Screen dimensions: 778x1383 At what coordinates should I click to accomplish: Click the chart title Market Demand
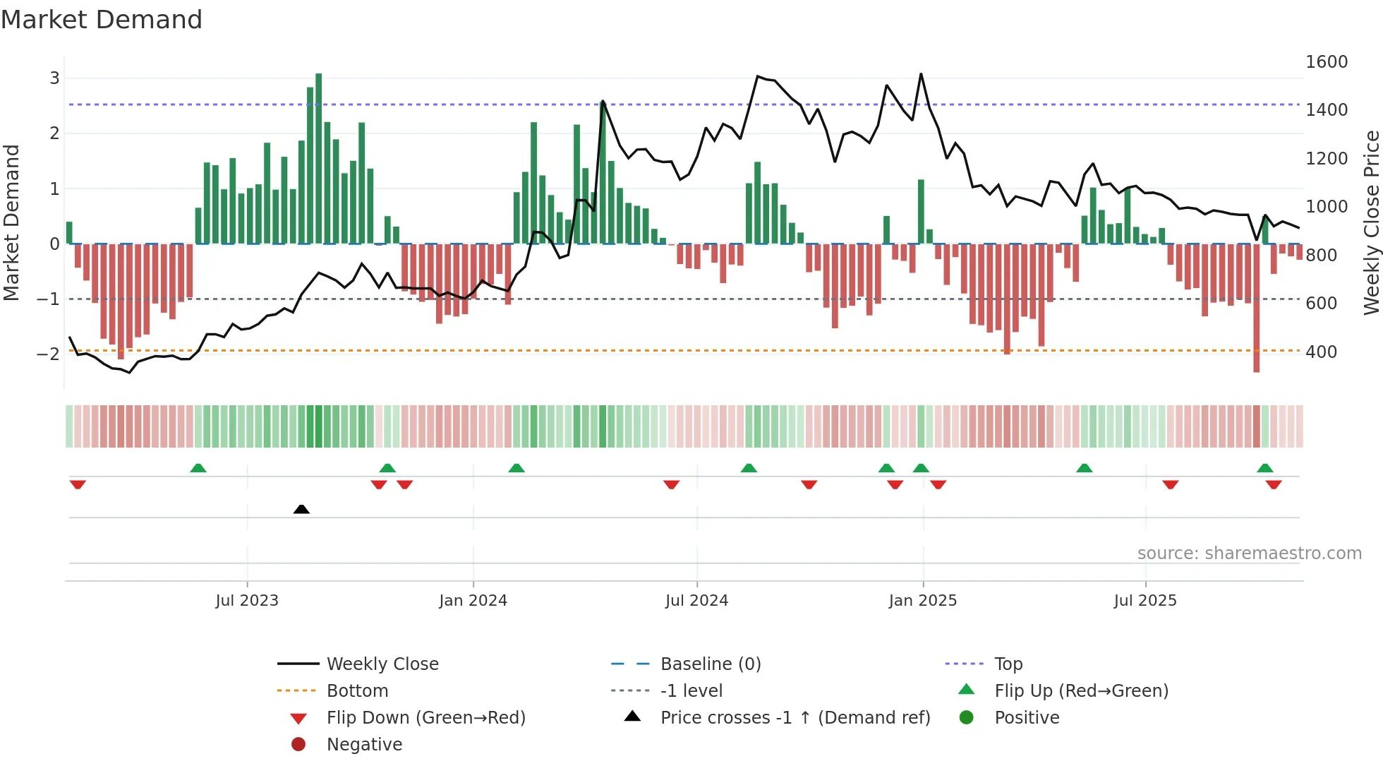pos(102,20)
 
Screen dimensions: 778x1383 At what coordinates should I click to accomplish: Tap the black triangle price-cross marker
pos(301,509)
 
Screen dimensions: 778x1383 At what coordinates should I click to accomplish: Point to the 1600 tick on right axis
pos(1327,62)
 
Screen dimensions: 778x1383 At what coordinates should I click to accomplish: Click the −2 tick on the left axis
pos(48,354)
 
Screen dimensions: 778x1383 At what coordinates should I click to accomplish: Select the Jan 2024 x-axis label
pos(473,601)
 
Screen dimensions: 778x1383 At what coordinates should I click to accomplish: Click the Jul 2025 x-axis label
pos(1145,601)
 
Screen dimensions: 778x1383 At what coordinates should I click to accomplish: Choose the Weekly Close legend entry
pos(382,664)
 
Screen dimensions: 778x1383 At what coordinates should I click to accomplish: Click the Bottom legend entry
pos(357,691)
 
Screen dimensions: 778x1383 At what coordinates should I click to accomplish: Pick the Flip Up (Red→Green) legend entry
pos(1081,691)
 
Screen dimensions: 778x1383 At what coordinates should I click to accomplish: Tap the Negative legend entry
pos(364,745)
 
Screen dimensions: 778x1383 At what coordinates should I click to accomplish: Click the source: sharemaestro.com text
pos(1249,553)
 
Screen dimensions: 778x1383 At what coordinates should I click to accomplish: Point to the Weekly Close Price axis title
pos(1371,222)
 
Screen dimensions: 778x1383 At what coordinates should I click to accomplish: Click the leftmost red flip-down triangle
pos(78,484)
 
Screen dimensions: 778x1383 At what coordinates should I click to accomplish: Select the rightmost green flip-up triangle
pos(1265,468)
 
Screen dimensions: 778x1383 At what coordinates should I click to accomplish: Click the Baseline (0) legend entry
pos(710,664)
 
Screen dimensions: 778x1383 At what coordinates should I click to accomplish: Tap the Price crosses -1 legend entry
pos(795,718)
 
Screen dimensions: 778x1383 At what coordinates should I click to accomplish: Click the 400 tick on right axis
pos(1321,352)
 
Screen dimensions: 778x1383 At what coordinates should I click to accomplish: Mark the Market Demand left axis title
pos(11,222)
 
